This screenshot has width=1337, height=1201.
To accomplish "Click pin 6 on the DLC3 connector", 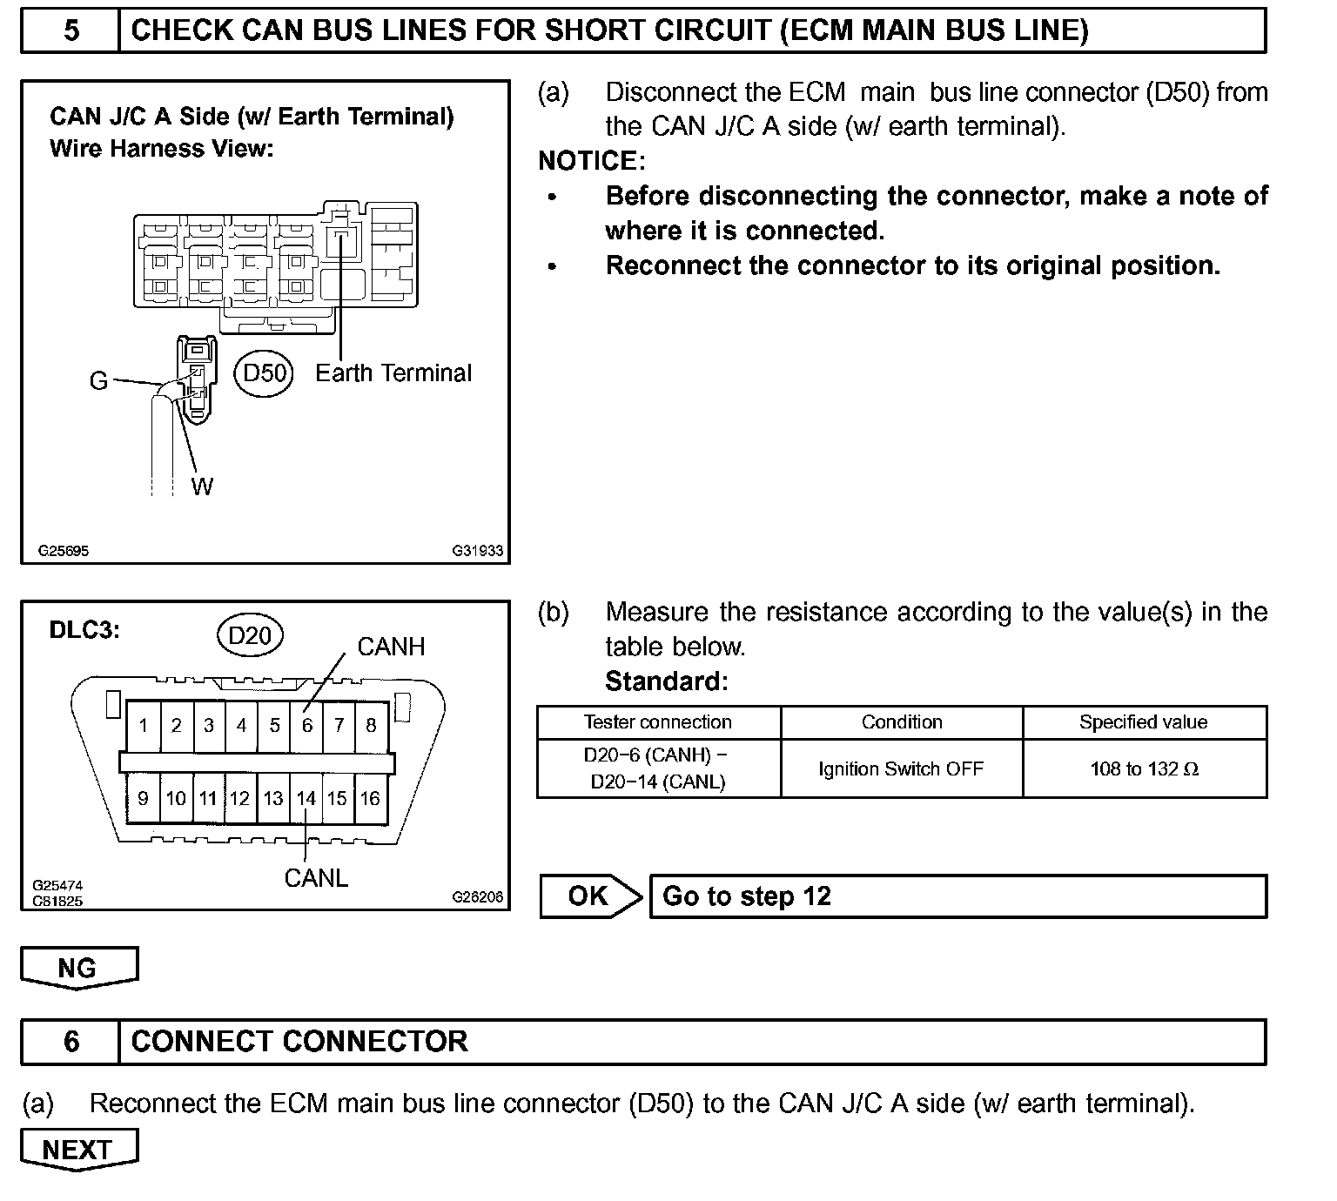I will [x=306, y=725].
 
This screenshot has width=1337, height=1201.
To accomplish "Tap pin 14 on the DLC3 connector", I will [x=306, y=798].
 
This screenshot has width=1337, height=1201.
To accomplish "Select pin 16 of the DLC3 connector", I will [x=371, y=798].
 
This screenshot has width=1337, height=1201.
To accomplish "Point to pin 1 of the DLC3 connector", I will [x=143, y=725].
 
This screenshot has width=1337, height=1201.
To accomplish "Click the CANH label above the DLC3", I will [x=391, y=647].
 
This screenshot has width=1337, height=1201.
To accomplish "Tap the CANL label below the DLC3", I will [x=316, y=878].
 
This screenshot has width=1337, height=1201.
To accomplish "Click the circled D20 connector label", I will [x=250, y=636].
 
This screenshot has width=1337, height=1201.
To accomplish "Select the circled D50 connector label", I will [x=265, y=373].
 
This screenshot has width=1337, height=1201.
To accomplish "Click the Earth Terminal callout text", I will [x=393, y=373].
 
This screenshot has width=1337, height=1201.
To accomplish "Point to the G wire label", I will [x=98, y=381].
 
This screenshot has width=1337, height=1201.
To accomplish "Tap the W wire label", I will [x=202, y=486].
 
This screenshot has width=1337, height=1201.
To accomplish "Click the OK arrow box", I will [x=590, y=896].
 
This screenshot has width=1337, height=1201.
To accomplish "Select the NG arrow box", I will [x=78, y=968].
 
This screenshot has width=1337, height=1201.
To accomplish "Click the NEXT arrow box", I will [x=78, y=1150].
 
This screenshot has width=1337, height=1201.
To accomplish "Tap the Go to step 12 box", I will [x=957, y=896].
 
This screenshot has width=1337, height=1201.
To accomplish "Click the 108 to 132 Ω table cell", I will [x=1144, y=768].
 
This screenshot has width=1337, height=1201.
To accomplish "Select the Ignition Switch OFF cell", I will [x=901, y=768].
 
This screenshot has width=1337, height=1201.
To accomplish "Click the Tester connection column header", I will [x=658, y=722].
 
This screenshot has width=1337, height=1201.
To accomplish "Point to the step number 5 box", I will [x=71, y=31].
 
